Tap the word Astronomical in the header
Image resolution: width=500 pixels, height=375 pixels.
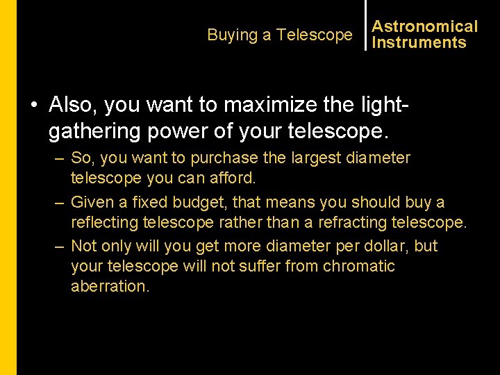tap(425, 26)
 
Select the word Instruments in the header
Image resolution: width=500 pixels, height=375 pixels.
tap(419, 43)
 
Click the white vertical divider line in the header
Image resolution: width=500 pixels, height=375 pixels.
tap(365, 25)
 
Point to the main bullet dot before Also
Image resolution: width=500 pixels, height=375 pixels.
tap(33, 105)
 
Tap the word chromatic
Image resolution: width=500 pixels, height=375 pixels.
tap(359, 267)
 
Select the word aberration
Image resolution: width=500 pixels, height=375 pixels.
tap(110, 287)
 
